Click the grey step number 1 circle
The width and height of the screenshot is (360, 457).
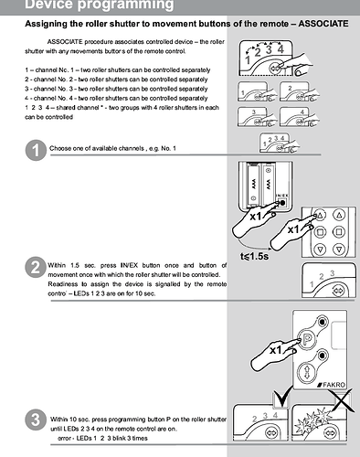click(36, 150)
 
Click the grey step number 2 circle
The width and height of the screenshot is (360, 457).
click(36, 267)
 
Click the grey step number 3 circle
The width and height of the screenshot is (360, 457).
click(36, 420)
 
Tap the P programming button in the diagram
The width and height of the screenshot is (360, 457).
click(306, 339)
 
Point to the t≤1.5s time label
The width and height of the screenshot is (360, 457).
click(255, 256)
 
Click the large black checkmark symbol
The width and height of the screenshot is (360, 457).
click(281, 397)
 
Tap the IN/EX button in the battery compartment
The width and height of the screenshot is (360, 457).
click(282, 203)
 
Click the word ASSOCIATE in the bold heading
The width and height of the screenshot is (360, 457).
click(323, 24)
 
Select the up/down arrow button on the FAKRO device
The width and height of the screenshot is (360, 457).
click(306, 372)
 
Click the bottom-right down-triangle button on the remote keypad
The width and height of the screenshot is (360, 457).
click(339, 249)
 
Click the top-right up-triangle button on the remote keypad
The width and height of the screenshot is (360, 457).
click(339, 215)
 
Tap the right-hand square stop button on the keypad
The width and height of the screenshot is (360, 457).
click(338, 232)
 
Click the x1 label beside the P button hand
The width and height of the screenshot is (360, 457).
click(277, 350)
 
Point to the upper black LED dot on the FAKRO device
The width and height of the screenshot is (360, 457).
click(323, 322)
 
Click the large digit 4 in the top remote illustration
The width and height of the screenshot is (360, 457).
click(281, 49)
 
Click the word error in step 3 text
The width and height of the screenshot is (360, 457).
click(64, 439)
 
